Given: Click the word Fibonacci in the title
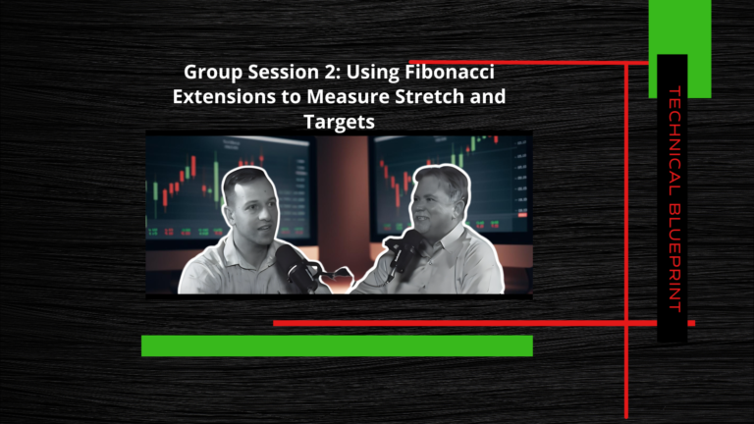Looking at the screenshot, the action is point(450,72).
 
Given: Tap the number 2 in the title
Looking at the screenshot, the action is point(327,72).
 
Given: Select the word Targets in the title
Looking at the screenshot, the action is point(339,122).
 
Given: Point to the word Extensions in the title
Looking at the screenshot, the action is point(224,96).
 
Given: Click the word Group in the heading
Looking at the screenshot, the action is point(213,73).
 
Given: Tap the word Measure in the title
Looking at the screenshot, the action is point(349,96).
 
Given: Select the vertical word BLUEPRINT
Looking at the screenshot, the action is point(674,258).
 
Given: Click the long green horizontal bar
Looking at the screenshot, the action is point(337,345).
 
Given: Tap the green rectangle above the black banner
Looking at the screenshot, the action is point(679,48).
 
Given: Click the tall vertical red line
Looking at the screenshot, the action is point(626,239).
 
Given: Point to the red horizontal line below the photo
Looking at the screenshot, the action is point(484,323).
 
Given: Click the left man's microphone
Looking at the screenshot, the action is point(295,267).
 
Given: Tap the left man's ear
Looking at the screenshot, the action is point(229,212).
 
